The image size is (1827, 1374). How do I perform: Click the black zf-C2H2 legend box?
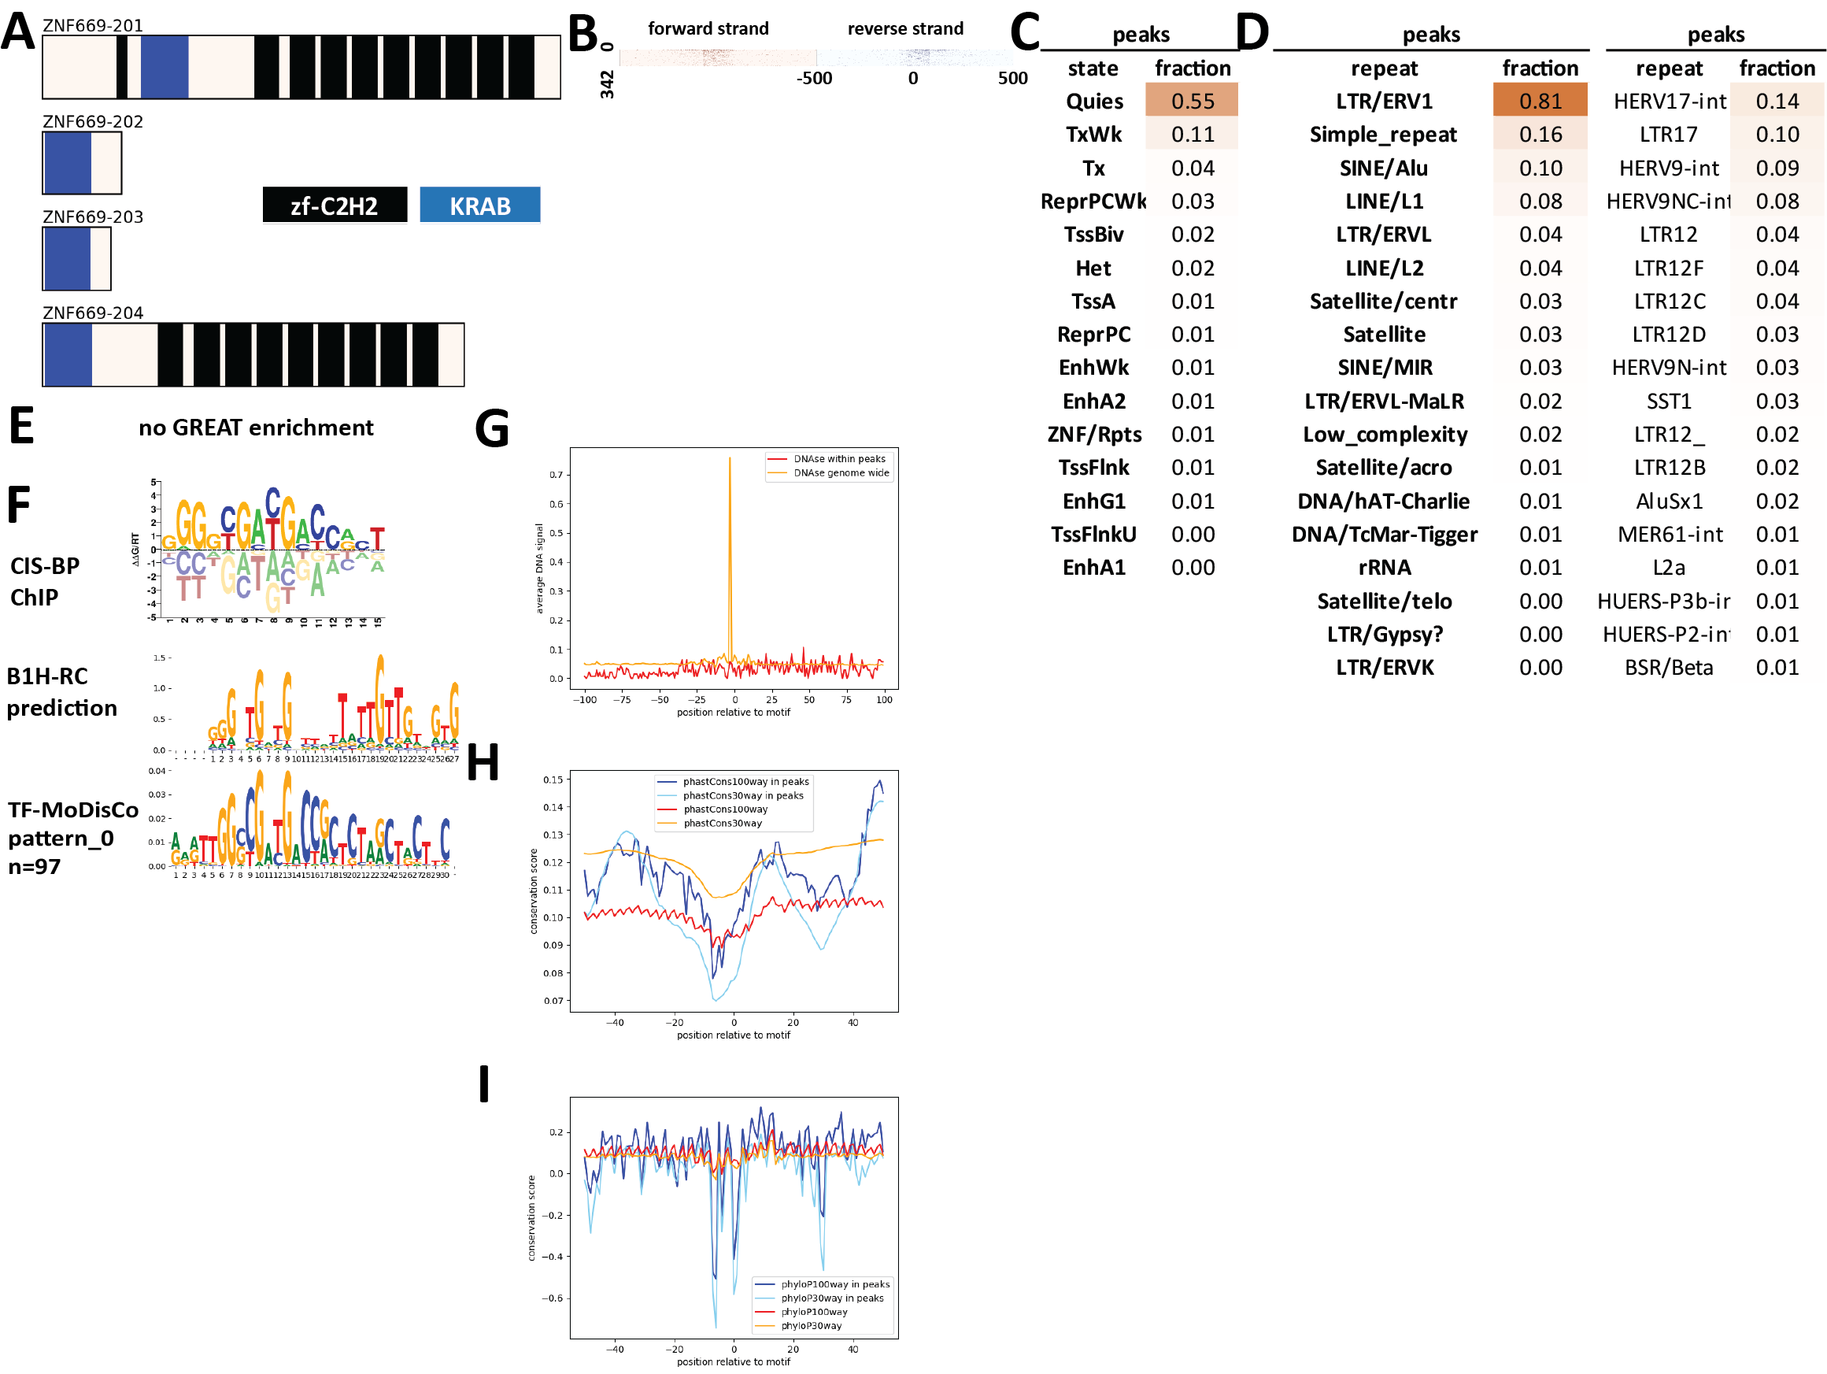pyautogui.click(x=335, y=205)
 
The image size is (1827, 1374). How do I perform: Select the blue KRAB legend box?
pyautogui.click(x=480, y=205)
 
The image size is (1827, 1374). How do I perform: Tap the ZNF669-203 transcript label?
pyautogui.click(x=93, y=217)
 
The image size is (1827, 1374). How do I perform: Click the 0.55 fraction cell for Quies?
pyautogui.click(x=1192, y=101)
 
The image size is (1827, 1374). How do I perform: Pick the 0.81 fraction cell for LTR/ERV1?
pyautogui.click(x=1540, y=101)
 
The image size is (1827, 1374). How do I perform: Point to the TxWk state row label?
pyautogui.click(x=1093, y=134)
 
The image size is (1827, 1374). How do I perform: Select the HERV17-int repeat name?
pyautogui.click(x=1670, y=101)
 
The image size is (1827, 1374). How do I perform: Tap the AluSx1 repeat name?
pyautogui.click(x=1670, y=501)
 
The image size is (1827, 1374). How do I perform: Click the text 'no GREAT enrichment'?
pyautogui.click(x=256, y=427)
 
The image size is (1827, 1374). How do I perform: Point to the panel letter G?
pyautogui.click(x=491, y=429)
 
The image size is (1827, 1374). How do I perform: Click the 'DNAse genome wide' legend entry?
pyautogui.click(x=841, y=472)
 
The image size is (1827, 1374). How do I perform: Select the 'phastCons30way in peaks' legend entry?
pyautogui.click(x=742, y=795)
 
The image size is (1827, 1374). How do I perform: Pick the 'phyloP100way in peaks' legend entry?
pyautogui.click(x=835, y=1284)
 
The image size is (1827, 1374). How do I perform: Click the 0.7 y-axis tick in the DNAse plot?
pyautogui.click(x=556, y=475)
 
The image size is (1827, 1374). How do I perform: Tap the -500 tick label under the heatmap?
pyautogui.click(x=814, y=79)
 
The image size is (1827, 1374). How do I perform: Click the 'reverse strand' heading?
pyautogui.click(x=905, y=29)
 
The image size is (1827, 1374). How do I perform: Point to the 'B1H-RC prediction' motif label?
pyautogui.click(x=62, y=691)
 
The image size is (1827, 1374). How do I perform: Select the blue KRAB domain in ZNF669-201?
pyautogui.click(x=165, y=67)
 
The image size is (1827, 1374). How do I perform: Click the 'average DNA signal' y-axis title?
pyautogui.click(x=539, y=568)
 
